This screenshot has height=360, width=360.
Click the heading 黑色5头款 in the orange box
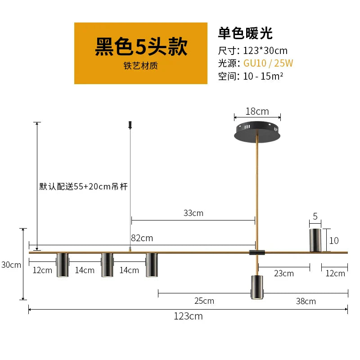(x=141, y=47)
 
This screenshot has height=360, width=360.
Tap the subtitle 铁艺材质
(x=141, y=66)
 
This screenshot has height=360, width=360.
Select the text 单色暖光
(x=245, y=33)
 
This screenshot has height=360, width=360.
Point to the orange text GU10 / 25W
(x=269, y=63)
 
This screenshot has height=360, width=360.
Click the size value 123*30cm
(x=265, y=50)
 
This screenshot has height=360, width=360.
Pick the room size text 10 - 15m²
(x=263, y=76)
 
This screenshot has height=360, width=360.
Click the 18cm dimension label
(x=257, y=111)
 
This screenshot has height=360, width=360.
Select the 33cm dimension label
(x=193, y=213)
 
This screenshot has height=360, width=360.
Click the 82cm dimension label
(x=142, y=238)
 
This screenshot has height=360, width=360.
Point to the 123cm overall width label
(x=188, y=316)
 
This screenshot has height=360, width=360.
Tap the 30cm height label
(x=11, y=265)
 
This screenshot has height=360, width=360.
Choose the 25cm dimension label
(x=204, y=301)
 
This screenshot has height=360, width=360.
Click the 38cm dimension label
(x=306, y=301)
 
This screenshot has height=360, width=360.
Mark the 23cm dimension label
(x=284, y=273)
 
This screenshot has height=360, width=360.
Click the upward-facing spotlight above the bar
(x=315, y=240)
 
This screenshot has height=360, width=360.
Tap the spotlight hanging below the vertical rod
(x=256, y=287)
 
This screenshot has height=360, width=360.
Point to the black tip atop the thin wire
(x=130, y=124)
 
